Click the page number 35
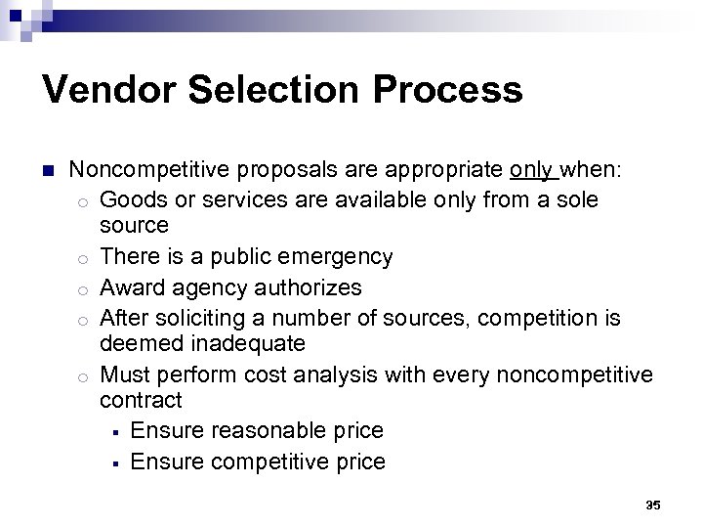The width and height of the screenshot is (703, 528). (x=653, y=505)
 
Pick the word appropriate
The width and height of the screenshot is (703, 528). (x=444, y=170)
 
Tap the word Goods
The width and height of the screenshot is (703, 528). (x=131, y=199)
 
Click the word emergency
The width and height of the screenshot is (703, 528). (x=336, y=257)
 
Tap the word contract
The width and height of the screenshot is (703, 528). (x=141, y=400)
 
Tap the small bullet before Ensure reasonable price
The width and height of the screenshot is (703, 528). (x=114, y=431)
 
